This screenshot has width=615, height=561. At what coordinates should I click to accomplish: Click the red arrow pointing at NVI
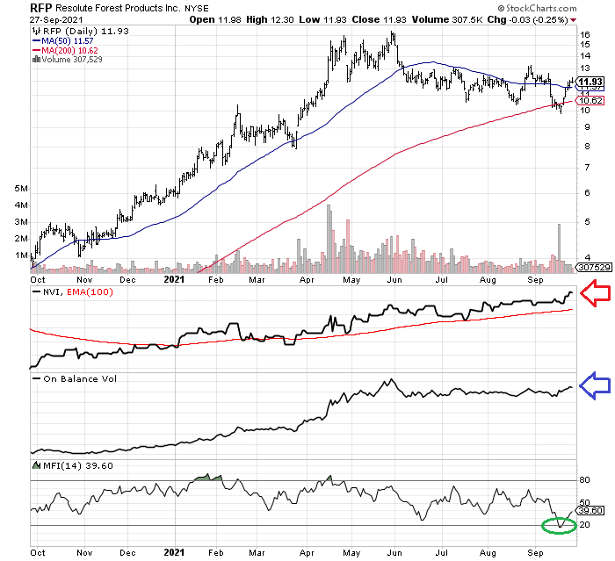[596, 291]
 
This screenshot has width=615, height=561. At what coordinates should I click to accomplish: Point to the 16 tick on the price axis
[585, 35]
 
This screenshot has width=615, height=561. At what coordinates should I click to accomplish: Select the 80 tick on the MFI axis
[585, 480]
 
